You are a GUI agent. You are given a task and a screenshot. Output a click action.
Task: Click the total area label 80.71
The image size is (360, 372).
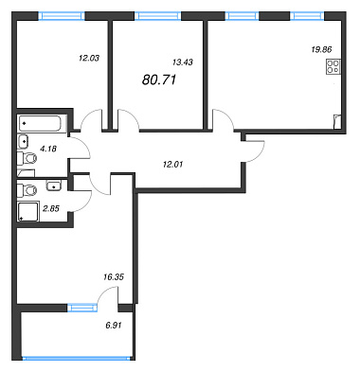(159, 80)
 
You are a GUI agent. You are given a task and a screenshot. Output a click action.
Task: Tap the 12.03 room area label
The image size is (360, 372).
(89, 58)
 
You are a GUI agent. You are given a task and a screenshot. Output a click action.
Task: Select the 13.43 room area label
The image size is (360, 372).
(183, 62)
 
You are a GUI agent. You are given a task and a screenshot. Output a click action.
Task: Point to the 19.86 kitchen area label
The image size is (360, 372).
(322, 49)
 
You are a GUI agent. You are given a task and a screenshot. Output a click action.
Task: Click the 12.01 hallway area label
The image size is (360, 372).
(172, 164)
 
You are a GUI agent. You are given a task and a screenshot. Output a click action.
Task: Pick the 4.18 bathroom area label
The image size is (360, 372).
(48, 149)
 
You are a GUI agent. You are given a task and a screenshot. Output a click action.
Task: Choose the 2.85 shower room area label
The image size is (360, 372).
(51, 208)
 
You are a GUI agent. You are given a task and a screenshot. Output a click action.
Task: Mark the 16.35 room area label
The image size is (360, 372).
(114, 277)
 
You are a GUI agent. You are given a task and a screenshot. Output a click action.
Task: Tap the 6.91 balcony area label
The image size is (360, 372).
(114, 325)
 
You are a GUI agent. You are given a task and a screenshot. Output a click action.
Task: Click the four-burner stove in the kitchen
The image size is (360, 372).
(333, 67)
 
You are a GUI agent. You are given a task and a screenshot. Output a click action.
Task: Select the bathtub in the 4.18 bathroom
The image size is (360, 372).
(43, 124)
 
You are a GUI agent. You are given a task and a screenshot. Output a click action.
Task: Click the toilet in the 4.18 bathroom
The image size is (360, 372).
(27, 158)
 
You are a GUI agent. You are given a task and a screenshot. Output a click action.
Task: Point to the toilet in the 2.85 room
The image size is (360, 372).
(27, 190)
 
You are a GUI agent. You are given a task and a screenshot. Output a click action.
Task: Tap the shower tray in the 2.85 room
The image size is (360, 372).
(28, 211)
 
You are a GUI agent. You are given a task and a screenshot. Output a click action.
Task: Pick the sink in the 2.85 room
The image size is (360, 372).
(54, 186)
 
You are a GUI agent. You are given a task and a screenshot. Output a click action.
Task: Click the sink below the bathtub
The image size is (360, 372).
(24, 141)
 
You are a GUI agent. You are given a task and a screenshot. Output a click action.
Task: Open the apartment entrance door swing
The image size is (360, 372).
(255, 151)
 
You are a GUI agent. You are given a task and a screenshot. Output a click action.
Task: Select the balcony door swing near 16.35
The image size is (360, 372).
(108, 296)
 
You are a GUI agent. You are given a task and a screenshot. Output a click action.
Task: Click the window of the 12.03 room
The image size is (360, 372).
(62, 16)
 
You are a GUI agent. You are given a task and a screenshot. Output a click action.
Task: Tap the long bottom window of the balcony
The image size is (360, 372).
(77, 358)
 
